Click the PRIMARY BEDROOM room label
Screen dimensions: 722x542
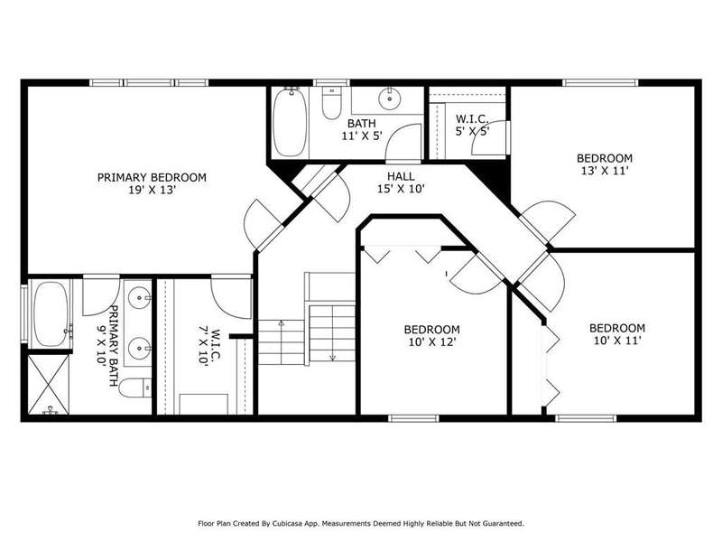pos(152,177)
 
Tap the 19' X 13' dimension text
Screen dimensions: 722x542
pos(152,190)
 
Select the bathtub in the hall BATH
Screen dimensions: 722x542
pos(290,123)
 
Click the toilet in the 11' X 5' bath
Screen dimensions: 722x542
pos(331,103)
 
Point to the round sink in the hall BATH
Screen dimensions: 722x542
pos(390,98)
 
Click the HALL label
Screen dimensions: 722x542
pos(401,176)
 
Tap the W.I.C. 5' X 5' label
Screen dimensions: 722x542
pos(472,125)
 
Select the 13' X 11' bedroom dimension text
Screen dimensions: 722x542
pos(605,171)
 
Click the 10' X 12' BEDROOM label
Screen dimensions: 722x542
pos(432,335)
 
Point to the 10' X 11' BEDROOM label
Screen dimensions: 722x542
pos(617,334)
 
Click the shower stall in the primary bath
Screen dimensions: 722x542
pos(49,385)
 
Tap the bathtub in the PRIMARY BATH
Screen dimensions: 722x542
pos(51,313)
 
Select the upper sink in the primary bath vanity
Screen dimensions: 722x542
pos(139,298)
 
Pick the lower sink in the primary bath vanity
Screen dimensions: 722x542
pos(139,349)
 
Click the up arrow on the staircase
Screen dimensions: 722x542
pos(282,341)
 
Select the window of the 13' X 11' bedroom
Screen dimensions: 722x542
pos(600,83)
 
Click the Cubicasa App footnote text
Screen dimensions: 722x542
pos(361,524)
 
